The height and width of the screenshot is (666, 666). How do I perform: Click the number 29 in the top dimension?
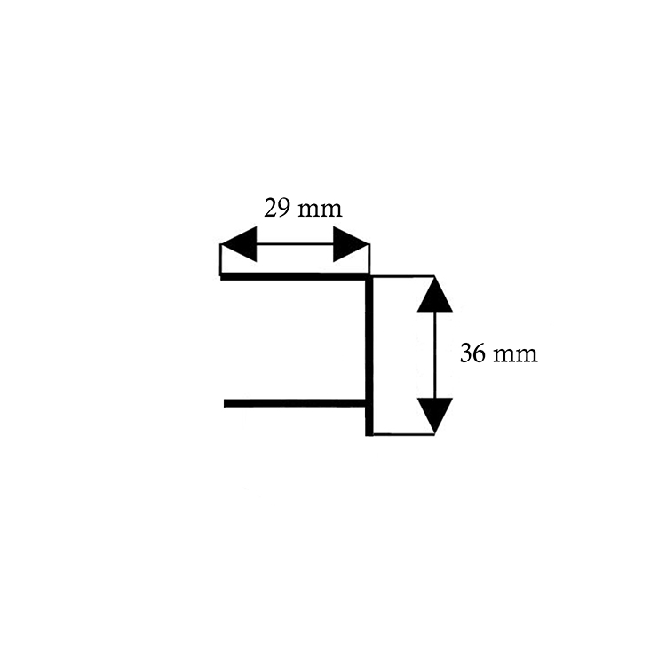coord(277,209)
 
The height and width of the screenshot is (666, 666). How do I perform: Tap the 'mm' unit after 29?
coord(320,210)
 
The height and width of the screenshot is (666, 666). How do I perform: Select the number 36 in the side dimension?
coord(472,354)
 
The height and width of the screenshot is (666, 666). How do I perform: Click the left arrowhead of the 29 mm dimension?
coord(237,244)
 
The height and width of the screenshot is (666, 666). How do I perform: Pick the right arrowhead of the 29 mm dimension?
coord(350,244)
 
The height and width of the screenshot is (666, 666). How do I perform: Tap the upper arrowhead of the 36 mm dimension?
coord(434,294)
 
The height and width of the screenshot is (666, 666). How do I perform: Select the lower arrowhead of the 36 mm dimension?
coord(434,416)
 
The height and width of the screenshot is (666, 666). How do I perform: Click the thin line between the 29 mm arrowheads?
coord(294,244)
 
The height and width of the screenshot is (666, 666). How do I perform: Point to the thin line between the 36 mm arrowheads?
coord(434,354)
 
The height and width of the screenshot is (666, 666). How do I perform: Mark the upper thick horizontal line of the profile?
coord(293,276)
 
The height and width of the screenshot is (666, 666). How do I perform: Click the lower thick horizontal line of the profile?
coord(293,404)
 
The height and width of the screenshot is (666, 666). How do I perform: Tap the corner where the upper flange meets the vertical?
coord(368,277)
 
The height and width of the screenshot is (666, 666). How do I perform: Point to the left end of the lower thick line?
coord(226,404)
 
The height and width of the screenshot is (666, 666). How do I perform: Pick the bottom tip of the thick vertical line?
coord(369,433)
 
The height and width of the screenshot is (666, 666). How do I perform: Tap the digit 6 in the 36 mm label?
coord(479,354)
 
